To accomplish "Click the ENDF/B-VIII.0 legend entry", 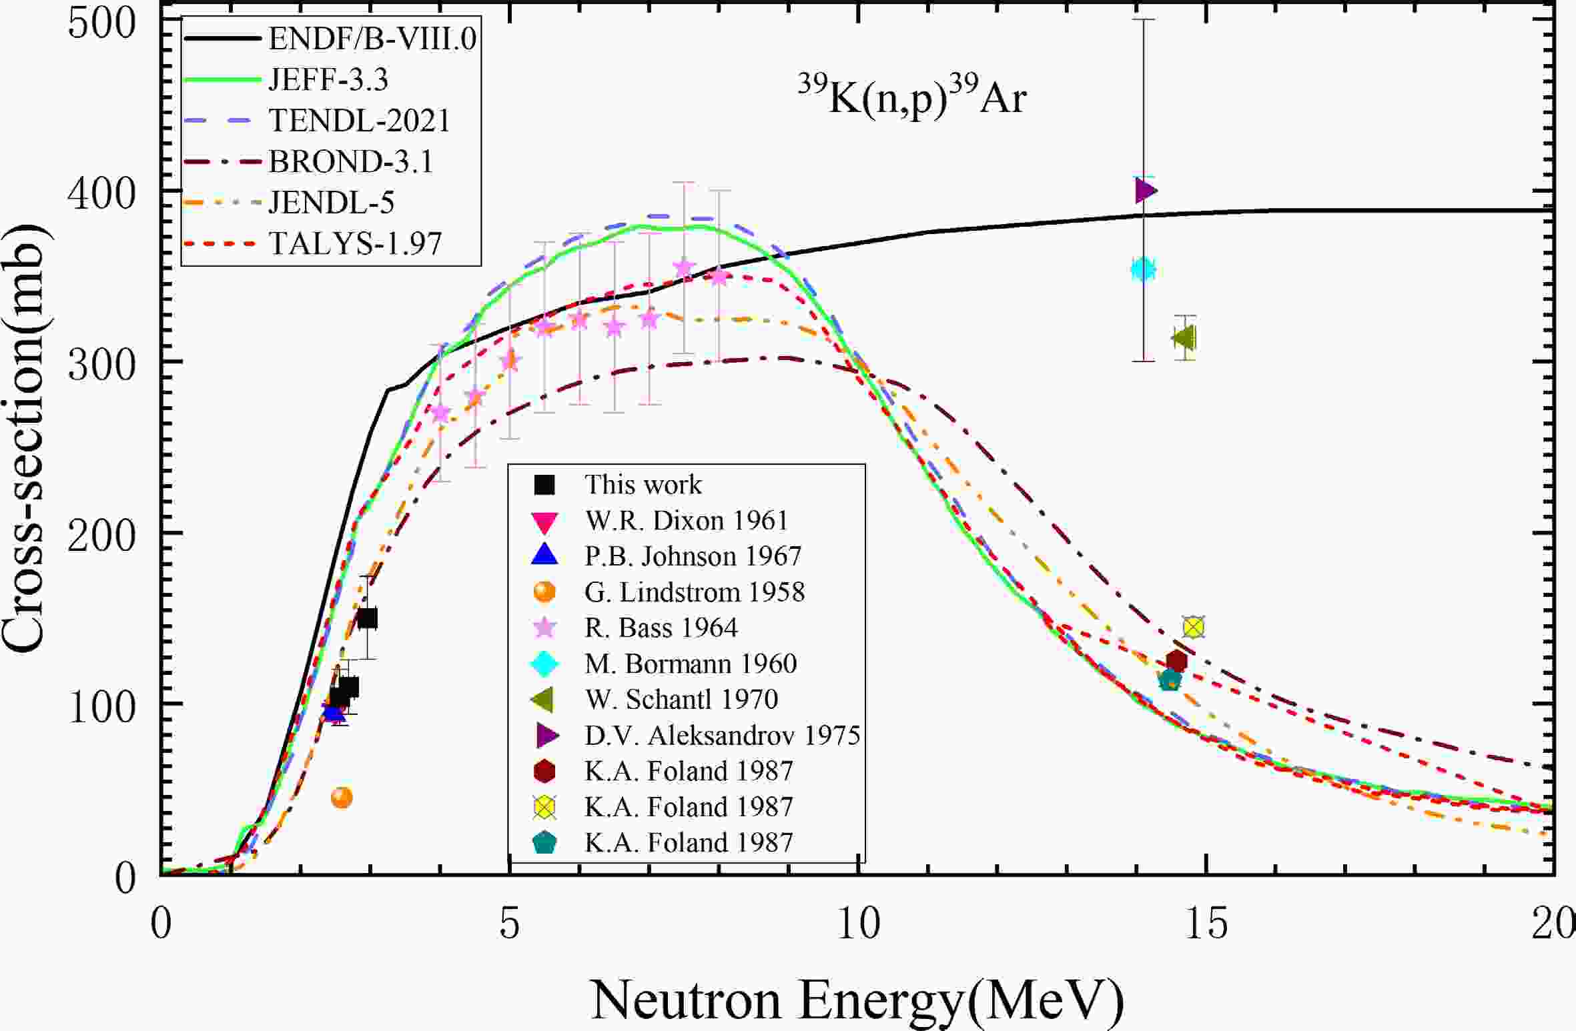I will coord(372,39).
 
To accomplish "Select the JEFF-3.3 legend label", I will coord(328,80).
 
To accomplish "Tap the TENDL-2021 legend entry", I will coord(360,121).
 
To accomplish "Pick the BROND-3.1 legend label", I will coord(351,161).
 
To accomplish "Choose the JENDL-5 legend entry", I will coord(332,202).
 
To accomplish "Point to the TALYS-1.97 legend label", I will coord(355,243).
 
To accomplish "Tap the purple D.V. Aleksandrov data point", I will coord(1146,191).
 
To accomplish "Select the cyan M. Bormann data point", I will coord(1143,269).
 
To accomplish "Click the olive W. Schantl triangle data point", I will coord(1184,338).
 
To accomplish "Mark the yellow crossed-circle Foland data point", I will coord(1194,627).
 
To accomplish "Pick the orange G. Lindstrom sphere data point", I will coord(342,797).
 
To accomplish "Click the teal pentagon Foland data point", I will coord(1170,680).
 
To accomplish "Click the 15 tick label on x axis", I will coord(1206,926).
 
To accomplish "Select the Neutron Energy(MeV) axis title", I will coord(857,1000).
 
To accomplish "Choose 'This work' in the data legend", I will coord(643,484).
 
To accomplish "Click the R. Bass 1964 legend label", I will coord(661,628).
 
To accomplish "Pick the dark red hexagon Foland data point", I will coord(1177,661).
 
